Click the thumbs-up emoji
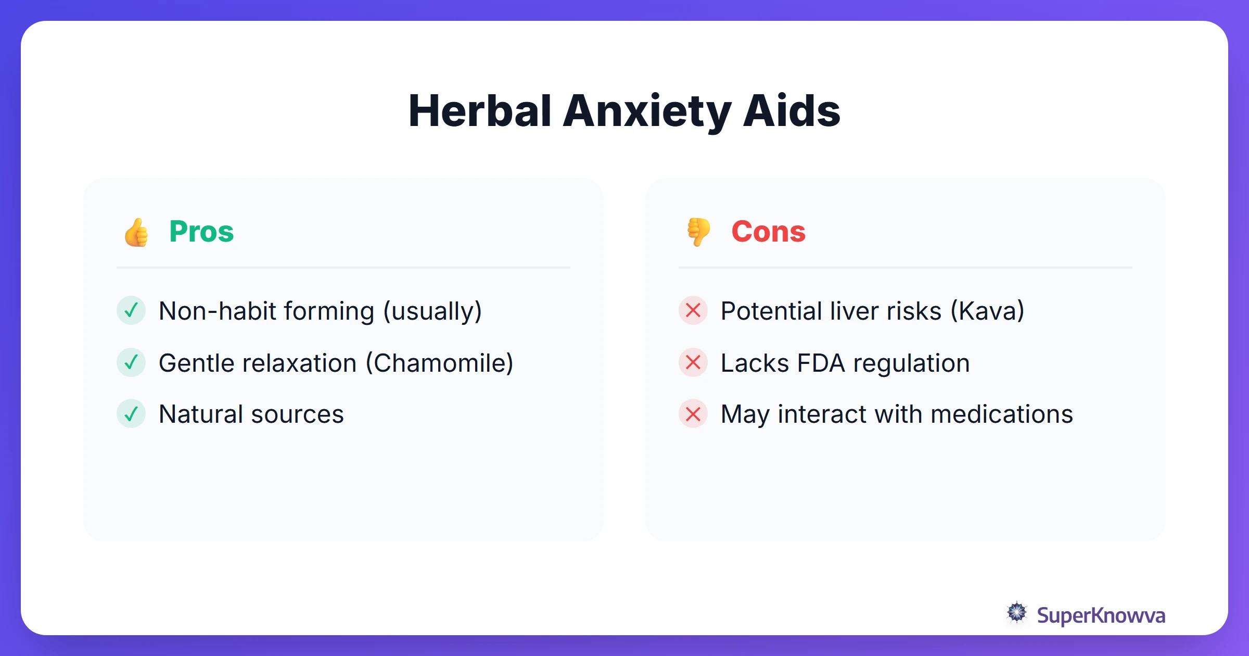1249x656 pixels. pyautogui.click(x=136, y=232)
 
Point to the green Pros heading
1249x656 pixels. pyautogui.click(x=201, y=232)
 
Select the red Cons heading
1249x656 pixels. pyautogui.click(x=768, y=232)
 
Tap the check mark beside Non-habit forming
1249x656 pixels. pyautogui.click(x=131, y=310)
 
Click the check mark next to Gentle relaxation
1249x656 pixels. pyautogui.click(x=131, y=362)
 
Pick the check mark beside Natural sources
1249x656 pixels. pyautogui.click(x=131, y=414)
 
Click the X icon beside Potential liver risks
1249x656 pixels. pyautogui.click(x=693, y=310)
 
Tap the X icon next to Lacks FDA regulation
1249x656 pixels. pyautogui.click(x=693, y=362)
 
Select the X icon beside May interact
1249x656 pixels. pyautogui.click(x=693, y=414)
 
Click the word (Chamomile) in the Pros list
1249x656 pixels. pyautogui.click(x=440, y=363)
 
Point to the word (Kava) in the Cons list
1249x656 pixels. pyautogui.click(x=987, y=311)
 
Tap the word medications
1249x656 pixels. pyautogui.click(x=1002, y=414)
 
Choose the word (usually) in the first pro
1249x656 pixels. pyautogui.click(x=432, y=311)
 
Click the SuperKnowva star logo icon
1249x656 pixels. pyautogui.click(x=1016, y=613)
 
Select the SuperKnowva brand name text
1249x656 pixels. pyautogui.click(x=1101, y=615)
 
